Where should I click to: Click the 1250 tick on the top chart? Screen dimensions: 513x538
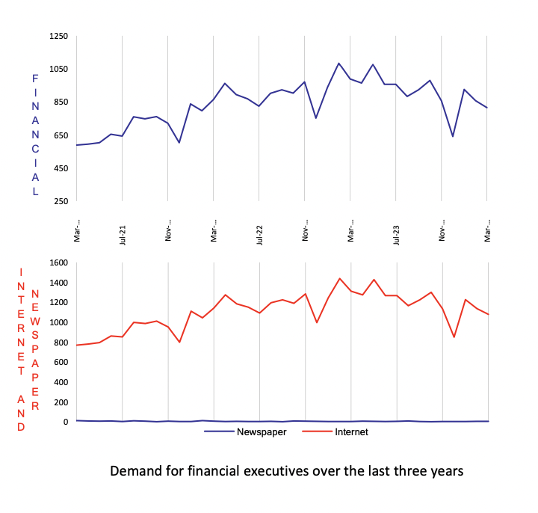[x=58, y=36]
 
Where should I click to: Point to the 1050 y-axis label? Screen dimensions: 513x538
[x=58, y=69]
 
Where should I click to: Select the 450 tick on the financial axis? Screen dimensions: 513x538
[x=61, y=168]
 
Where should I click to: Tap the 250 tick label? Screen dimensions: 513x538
[x=61, y=201]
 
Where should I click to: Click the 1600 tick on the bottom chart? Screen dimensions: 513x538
[x=58, y=262]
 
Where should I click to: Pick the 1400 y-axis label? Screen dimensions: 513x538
[x=58, y=283]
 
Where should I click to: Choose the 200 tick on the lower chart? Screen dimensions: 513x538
[x=61, y=402]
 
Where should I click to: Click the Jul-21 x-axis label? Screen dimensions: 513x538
[x=123, y=233]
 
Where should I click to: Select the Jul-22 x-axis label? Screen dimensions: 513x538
[x=260, y=233]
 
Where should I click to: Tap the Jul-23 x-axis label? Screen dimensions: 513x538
[x=397, y=233]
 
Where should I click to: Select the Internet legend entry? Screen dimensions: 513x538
[x=351, y=432]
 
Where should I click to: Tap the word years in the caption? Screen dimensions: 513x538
[x=445, y=472]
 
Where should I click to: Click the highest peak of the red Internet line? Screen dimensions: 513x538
[x=339, y=278]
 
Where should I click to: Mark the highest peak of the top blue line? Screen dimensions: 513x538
[x=338, y=64]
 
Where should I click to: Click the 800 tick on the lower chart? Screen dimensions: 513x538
[x=61, y=342]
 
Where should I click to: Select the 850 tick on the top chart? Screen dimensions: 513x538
[x=61, y=102]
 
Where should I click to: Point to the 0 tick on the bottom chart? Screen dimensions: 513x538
[x=66, y=422]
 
